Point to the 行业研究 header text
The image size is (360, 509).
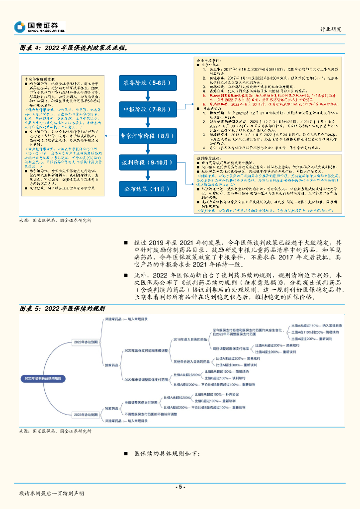point(331,29)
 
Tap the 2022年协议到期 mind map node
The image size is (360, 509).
point(86,342)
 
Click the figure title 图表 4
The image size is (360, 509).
point(72,48)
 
